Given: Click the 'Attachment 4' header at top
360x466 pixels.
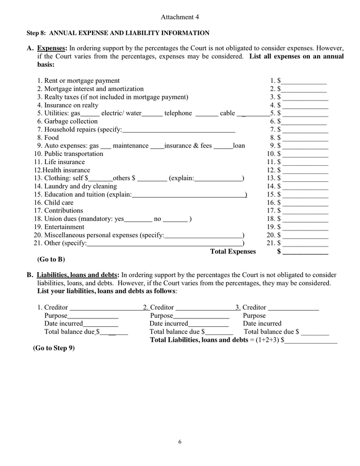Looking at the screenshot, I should click(179, 17).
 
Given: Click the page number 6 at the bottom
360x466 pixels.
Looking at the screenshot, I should click(180, 442).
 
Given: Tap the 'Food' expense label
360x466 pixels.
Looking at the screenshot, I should click(51, 138).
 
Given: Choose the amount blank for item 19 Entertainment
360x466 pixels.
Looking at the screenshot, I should click(305, 228).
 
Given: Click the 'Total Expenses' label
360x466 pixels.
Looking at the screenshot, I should click(233, 252).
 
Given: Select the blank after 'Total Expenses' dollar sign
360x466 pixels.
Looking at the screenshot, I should click(305, 253).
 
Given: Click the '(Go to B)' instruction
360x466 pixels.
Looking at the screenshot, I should click(51, 259).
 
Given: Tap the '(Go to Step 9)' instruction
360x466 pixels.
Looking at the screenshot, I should click(54, 348).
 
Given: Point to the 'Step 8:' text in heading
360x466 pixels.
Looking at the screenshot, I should click(37, 33).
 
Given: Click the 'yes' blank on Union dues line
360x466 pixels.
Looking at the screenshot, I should click(138, 220).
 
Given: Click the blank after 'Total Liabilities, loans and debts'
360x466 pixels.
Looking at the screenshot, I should click(311, 341).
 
